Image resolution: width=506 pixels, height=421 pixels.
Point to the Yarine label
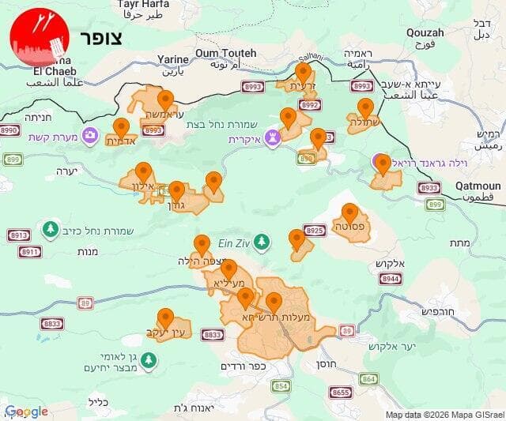pos(173,59)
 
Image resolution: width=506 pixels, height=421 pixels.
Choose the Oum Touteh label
pos(226,53)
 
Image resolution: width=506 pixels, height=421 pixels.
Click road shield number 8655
pos(342,392)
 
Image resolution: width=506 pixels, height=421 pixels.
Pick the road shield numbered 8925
pos(315,231)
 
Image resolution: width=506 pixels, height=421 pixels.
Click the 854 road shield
pos(281,385)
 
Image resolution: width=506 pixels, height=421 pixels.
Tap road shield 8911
pos(30,252)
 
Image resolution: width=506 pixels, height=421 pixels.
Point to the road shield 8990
pos(9,130)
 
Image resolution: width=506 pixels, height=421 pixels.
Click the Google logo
pos(27,412)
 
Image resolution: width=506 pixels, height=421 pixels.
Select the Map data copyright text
pos(444,415)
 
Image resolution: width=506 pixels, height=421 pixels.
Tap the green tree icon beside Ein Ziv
pos(262,240)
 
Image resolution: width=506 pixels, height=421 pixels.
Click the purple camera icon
pos(90,135)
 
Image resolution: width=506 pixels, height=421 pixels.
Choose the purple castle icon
pos(273,138)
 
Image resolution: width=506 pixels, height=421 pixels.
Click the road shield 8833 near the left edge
pos(53,324)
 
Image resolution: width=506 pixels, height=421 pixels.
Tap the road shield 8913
pos(19,235)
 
